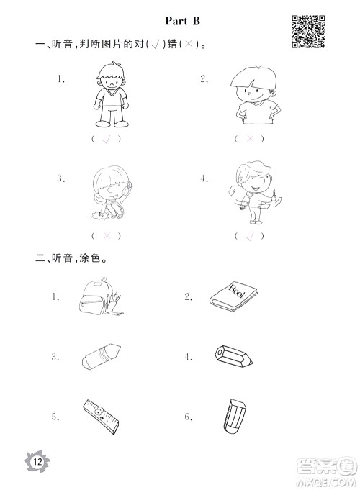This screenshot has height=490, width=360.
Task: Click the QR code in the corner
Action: tap(308, 32)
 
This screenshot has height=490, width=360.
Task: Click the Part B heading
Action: tap(182, 21)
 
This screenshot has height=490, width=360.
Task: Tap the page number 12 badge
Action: tap(37, 461)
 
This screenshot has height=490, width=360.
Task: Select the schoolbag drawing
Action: tap(100, 296)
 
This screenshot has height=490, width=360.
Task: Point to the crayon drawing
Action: tap(101, 357)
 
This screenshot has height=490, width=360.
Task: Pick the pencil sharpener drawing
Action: tap(234, 356)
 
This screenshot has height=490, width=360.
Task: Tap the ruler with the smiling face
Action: tap(101, 417)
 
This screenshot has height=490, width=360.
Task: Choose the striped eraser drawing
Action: tap(235, 417)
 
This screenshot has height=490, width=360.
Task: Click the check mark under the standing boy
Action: tap(107, 140)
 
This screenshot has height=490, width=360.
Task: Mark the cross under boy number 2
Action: tap(250, 138)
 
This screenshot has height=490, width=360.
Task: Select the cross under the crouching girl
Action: tap(107, 235)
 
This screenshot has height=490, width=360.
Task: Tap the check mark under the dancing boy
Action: tap(250, 236)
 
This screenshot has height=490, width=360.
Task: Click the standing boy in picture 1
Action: tap(111, 95)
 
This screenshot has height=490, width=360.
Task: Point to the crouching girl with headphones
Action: tap(111, 192)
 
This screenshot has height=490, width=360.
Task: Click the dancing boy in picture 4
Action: tap(255, 192)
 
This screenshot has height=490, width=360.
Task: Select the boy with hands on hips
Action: tap(255, 95)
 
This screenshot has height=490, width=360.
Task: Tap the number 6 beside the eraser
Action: tap(189, 417)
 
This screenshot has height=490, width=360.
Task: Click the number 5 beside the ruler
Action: tap(55, 417)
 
